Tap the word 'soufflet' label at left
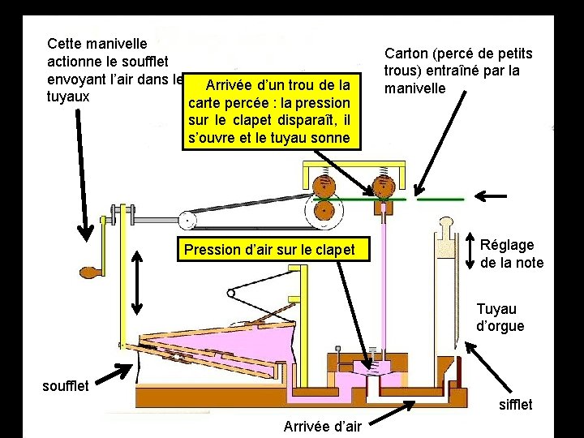tap(66, 384)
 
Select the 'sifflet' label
tap(515, 404)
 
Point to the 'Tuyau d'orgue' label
tap(500, 317)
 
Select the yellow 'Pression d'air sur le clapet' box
tap(269, 250)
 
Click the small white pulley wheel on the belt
tap(187, 218)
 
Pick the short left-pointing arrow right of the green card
tap(491, 195)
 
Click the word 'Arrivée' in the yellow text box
tap(229, 85)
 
